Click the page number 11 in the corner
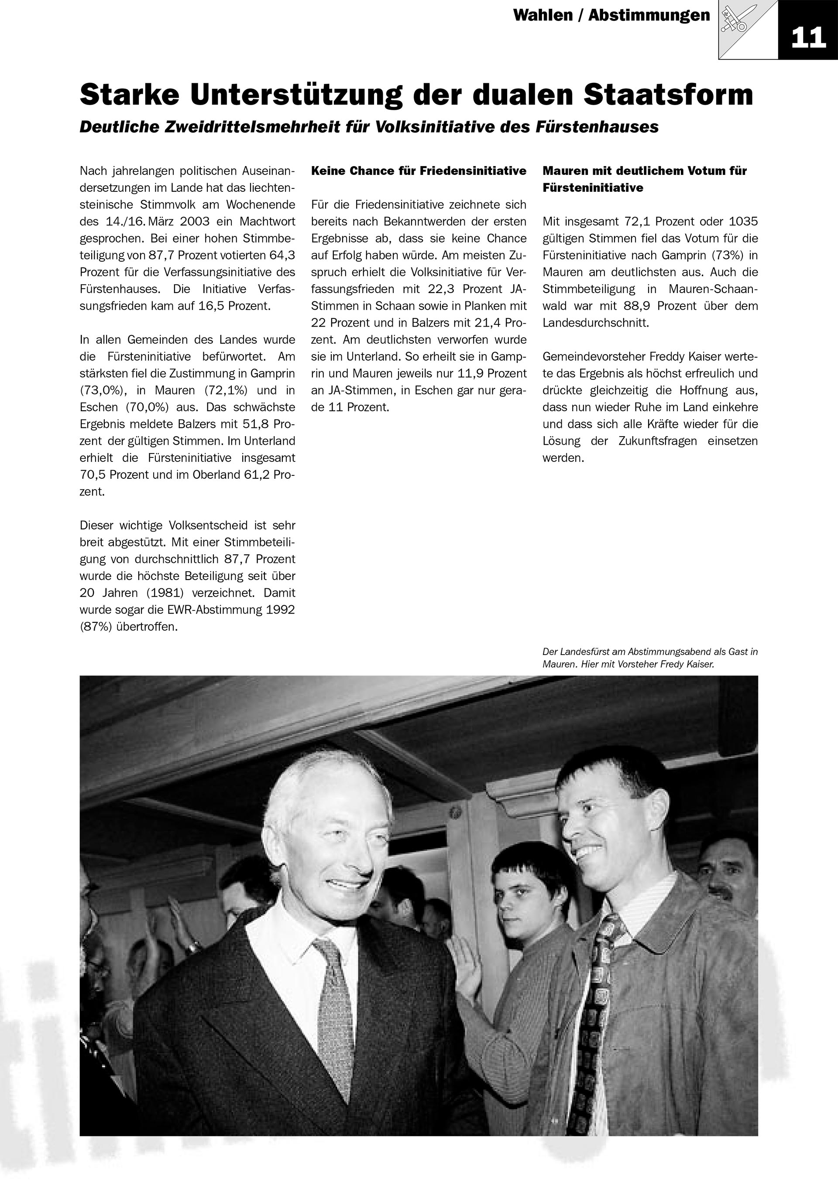pos(808,37)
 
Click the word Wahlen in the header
pos(543,15)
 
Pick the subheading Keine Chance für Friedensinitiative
pos(419,171)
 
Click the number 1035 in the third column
pos(743,222)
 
